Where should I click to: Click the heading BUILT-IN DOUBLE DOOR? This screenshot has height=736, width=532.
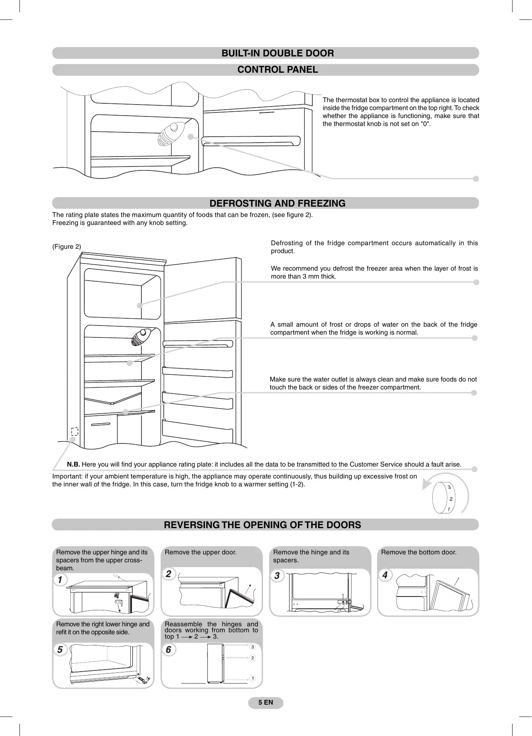click(277, 53)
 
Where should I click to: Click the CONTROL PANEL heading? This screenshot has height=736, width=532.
click(277, 70)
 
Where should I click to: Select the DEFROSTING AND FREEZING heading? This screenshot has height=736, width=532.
click(277, 203)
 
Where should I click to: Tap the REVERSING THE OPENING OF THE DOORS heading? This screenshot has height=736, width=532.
click(262, 525)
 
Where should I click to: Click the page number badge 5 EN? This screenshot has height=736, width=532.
click(266, 703)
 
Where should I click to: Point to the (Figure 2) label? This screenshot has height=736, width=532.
click(67, 247)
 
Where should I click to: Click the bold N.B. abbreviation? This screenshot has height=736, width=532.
click(74, 465)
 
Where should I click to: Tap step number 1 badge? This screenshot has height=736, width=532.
click(60, 580)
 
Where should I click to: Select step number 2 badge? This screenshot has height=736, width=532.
click(168, 574)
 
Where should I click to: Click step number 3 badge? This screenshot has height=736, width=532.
click(277, 575)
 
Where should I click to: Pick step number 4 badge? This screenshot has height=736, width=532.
click(385, 575)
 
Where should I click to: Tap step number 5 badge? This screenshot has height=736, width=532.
click(60, 650)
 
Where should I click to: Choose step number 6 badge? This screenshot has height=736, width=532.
click(168, 650)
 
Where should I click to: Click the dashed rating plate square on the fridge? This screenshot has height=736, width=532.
click(75, 431)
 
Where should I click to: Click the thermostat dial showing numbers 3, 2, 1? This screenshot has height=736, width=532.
click(444, 498)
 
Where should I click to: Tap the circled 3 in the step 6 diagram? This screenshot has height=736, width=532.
click(252, 647)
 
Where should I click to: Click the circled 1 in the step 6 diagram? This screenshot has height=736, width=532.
click(252, 678)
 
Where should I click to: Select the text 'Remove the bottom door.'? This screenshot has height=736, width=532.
click(419, 552)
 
